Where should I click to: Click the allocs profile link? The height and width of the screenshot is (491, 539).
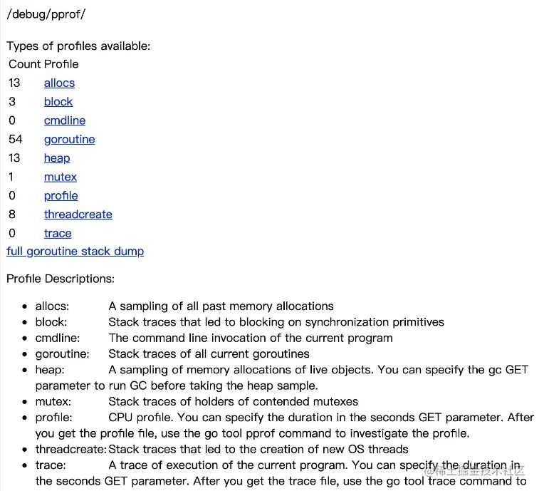pos(59,83)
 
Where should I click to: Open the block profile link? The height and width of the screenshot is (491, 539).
pos(58,102)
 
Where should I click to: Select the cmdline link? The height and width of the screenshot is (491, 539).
pos(65,120)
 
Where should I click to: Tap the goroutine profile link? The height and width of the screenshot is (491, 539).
pos(69,140)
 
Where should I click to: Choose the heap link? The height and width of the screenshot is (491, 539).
pos(57,158)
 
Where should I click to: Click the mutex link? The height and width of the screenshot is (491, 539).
pos(61,177)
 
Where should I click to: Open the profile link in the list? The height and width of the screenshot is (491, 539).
pos(61,196)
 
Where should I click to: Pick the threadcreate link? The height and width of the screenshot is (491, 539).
pos(78,215)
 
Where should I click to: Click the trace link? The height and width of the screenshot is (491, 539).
pos(58,233)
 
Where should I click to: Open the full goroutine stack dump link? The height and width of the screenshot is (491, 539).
pos(75,252)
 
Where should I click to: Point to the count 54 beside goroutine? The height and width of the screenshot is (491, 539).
pos(16,140)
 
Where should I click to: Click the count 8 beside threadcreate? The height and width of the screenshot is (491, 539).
pos(12,215)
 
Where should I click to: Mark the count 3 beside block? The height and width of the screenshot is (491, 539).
pos(12,102)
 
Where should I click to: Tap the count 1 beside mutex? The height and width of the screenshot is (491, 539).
pos(11,177)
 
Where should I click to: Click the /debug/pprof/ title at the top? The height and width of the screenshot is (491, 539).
pos(46,14)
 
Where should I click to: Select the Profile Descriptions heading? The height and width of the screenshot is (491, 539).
pos(61,279)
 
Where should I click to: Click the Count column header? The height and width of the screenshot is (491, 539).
pos(24,64)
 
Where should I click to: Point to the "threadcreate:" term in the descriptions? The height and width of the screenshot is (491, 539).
pos(70,450)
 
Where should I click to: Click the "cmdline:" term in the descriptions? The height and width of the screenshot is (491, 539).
pos(58,338)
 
